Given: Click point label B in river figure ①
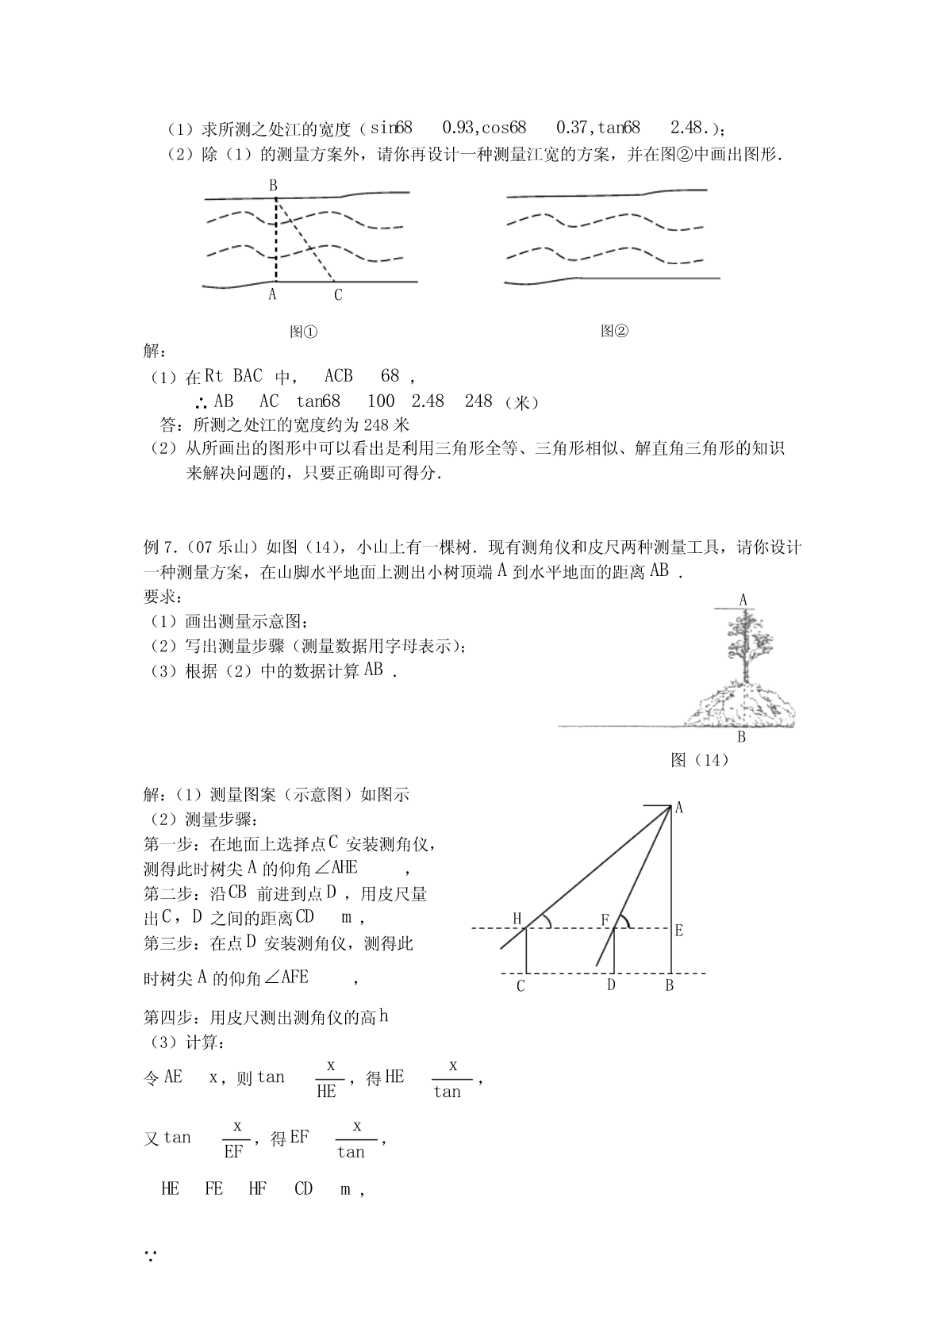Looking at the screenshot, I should [273, 186].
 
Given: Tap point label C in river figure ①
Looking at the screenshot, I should [338, 295].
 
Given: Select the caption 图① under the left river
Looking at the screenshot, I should [303, 332].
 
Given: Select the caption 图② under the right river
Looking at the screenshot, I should [614, 331].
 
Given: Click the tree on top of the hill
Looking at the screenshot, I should [744, 643].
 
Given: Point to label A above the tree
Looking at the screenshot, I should [743, 601].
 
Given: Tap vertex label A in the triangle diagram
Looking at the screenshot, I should [679, 808].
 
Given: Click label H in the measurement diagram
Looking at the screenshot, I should [517, 919].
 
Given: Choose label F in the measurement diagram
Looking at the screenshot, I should [605, 920].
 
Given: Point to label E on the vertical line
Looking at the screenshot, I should [679, 931].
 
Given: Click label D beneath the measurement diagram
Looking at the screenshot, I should [611, 985].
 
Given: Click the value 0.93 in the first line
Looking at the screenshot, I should [458, 127].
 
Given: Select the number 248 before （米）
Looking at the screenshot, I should [478, 401].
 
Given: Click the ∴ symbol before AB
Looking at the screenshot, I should [201, 402].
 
